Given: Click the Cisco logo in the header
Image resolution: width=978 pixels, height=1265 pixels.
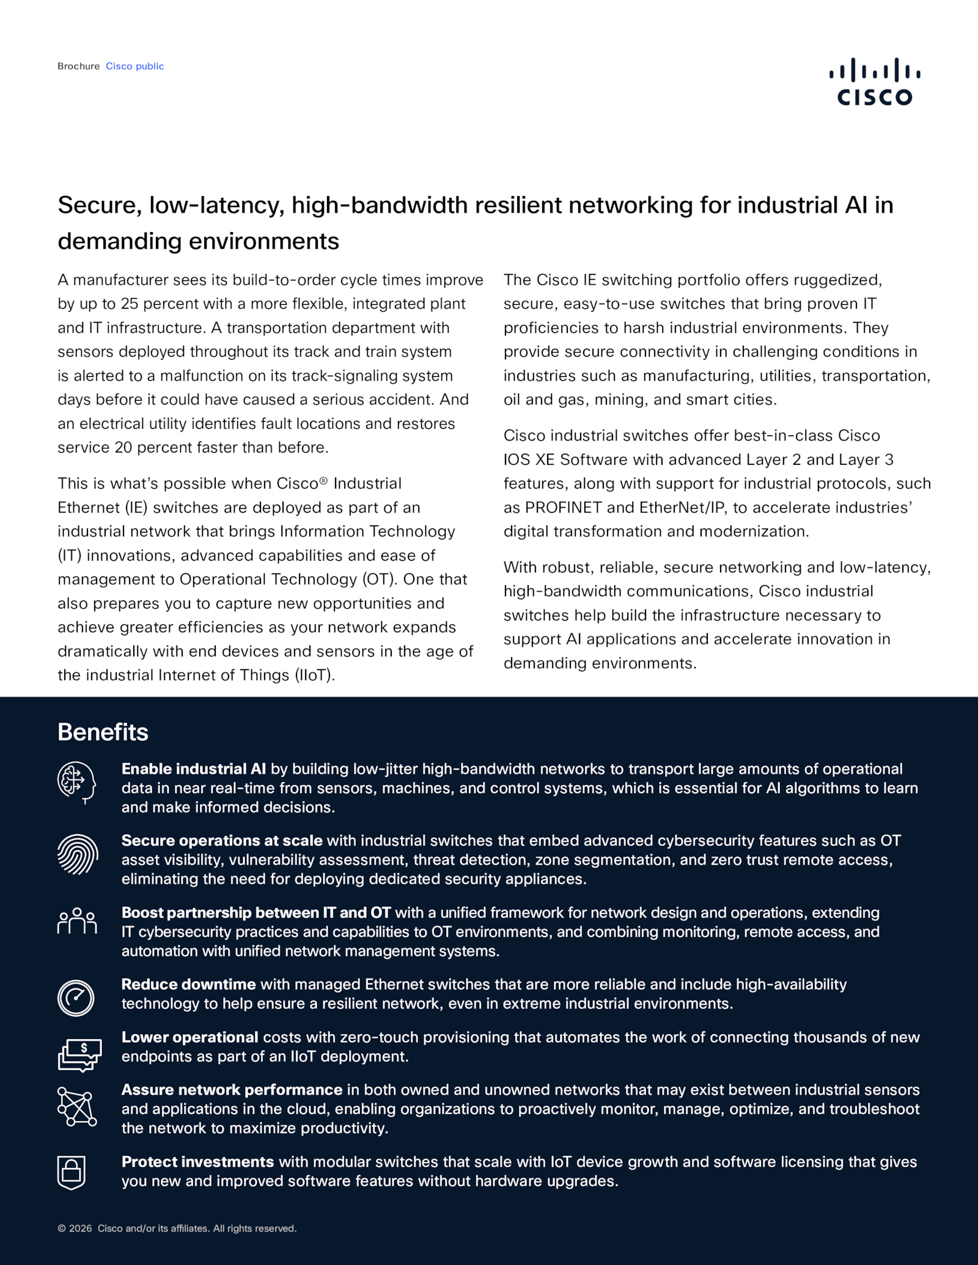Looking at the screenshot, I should tap(874, 82).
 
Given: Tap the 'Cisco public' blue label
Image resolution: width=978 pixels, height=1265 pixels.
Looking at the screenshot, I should tap(134, 66).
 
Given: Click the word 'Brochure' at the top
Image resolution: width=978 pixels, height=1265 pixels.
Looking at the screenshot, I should tap(78, 66).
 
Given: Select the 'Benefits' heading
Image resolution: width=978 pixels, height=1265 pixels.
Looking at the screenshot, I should tap(103, 732).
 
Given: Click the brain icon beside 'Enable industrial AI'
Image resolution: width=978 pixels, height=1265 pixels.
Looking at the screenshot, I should tap(76, 782).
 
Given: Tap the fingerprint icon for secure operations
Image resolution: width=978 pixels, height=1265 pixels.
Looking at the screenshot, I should tap(77, 854).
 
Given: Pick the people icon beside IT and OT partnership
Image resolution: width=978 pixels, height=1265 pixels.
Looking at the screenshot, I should tap(77, 921).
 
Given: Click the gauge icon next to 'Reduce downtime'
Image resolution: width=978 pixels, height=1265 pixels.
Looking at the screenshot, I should tap(76, 997).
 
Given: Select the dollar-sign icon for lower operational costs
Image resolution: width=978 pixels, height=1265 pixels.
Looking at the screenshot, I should tap(79, 1054).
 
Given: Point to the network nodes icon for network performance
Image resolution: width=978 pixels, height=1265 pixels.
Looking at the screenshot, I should tap(77, 1106).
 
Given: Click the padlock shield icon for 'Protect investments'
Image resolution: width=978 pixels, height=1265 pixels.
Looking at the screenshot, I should tap(72, 1172).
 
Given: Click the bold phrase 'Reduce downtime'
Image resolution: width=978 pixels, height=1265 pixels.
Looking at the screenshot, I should tap(188, 984).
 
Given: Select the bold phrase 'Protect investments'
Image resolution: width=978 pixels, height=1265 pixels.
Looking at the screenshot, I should tap(197, 1162).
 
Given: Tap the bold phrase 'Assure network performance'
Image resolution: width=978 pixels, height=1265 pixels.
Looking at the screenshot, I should tap(232, 1090).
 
